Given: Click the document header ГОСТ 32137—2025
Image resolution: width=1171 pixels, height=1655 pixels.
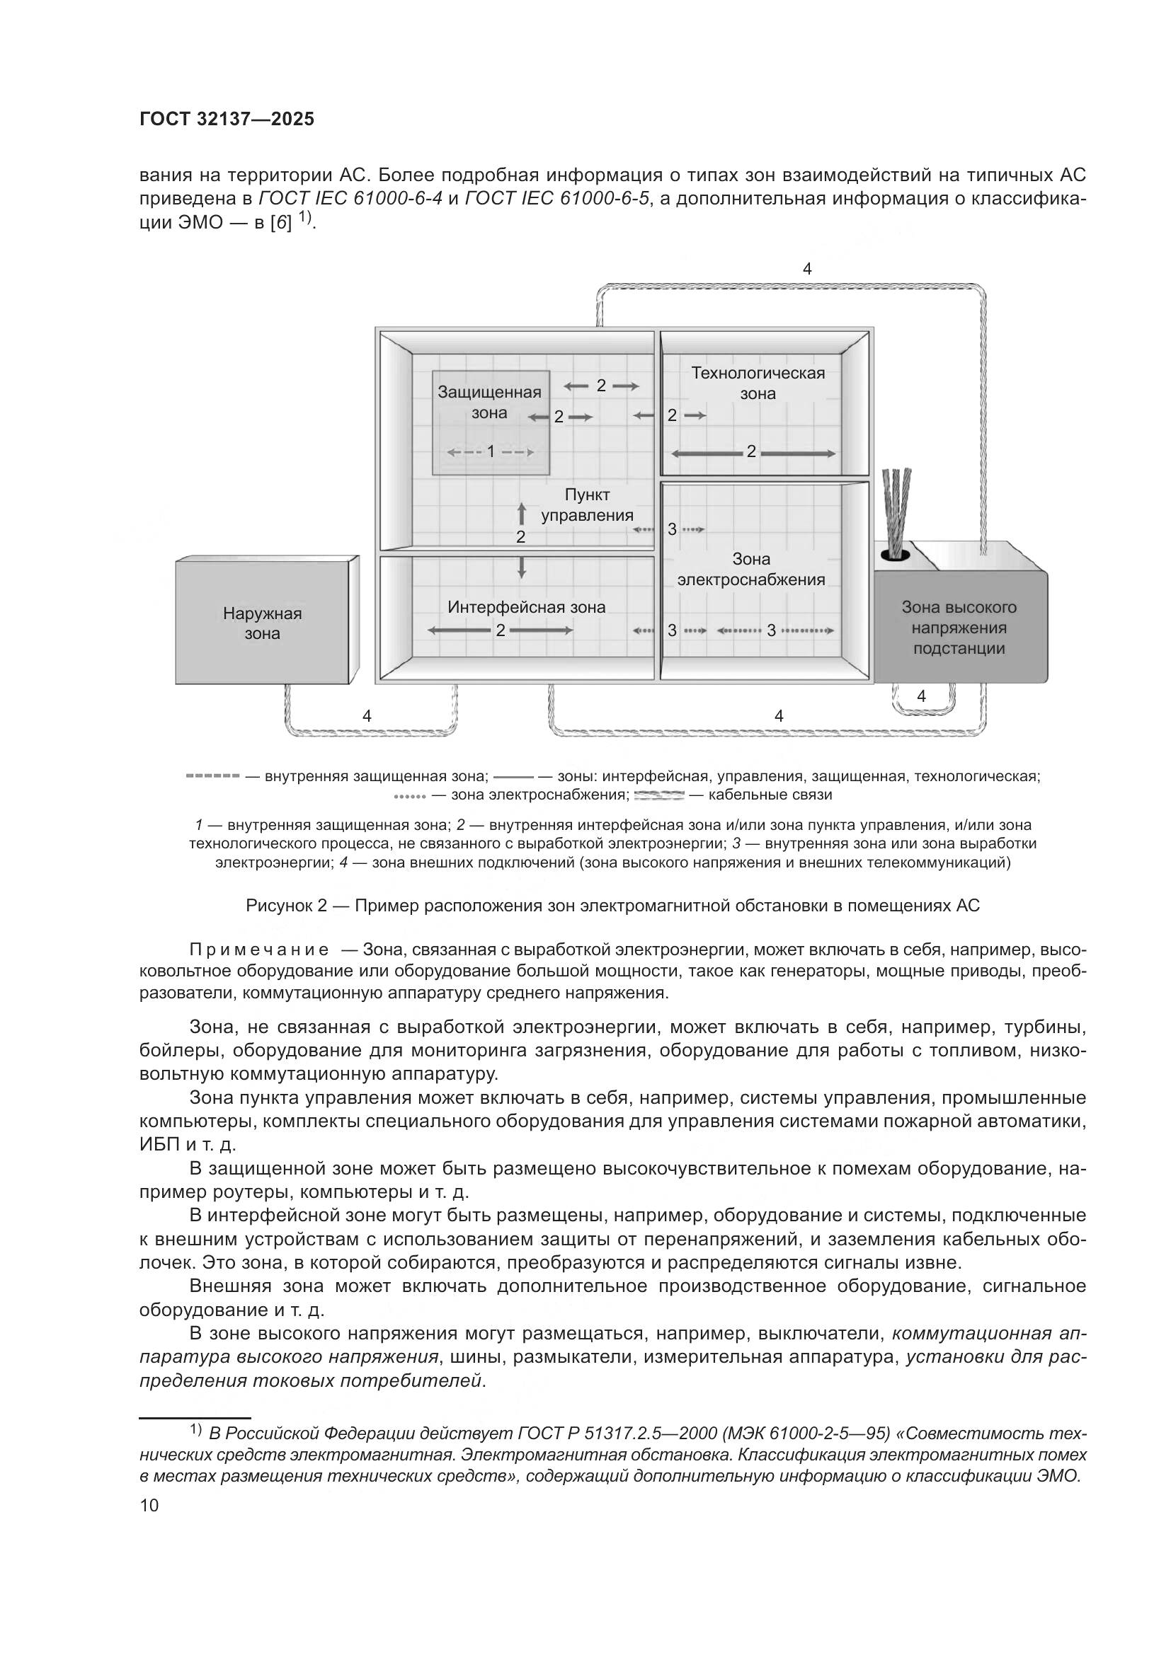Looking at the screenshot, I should tap(227, 120).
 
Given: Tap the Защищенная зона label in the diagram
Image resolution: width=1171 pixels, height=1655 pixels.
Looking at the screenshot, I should tap(489, 402).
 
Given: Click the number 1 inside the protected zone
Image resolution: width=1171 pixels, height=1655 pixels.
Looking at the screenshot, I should tap(491, 452).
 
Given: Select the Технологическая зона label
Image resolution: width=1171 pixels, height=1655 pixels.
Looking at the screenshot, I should tap(757, 384).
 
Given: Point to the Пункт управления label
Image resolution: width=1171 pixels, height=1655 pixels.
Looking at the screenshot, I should tap(587, 504).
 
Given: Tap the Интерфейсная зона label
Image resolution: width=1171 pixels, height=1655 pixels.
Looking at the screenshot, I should tap(526, 607).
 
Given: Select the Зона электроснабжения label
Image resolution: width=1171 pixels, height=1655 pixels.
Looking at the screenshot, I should tap(750, 570).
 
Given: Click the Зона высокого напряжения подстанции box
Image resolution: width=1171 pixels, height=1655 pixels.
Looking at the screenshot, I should tap(959, 627).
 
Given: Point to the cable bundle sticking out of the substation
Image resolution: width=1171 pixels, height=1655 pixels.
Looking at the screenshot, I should tap(896, 512).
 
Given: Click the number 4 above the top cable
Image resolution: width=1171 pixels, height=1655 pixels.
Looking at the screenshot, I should tap(807, 269).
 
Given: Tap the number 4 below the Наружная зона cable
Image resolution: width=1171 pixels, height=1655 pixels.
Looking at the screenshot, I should tap(367, 716).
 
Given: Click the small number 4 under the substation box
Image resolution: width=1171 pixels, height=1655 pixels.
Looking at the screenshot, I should tap(921, 696).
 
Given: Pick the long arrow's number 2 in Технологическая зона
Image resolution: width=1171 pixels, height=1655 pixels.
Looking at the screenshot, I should tap(751, 452).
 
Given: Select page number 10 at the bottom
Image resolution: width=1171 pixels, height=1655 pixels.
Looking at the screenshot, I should tap(149, 1506).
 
